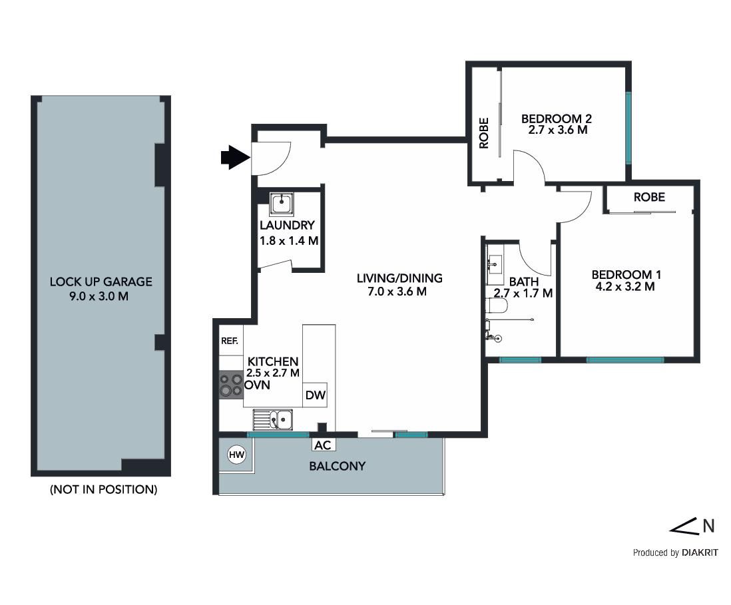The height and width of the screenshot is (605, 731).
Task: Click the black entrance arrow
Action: click(236, 157)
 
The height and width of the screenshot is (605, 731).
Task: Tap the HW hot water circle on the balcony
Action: click(237, 455)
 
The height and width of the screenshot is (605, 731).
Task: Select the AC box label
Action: click(323, 445)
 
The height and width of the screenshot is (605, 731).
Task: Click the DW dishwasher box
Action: click(315, 395)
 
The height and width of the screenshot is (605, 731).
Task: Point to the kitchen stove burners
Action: click(231, 385)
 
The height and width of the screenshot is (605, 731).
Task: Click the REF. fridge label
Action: click(230, 341)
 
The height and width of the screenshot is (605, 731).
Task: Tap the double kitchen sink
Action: click(273, 419)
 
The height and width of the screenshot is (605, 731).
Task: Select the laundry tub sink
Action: click(282, 204)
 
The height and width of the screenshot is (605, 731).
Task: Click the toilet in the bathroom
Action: click(496, 305)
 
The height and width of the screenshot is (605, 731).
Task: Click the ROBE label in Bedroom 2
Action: click(484, 133)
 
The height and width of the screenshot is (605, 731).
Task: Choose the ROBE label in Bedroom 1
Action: click(649, 197)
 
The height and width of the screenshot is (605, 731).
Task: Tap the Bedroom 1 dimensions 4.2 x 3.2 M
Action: click(625, 287)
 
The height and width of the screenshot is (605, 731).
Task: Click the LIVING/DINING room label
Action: click(399, 278)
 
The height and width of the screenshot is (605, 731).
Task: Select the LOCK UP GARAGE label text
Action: click(101, 282)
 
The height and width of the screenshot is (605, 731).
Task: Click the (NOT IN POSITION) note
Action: click(103, 489)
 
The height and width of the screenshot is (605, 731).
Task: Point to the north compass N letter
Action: click(708, 526)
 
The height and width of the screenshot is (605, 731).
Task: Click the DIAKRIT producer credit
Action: click(700, 553)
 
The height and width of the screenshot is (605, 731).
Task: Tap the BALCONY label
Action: click(337, 466)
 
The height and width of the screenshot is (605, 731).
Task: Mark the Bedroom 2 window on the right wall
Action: click(628, 127)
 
